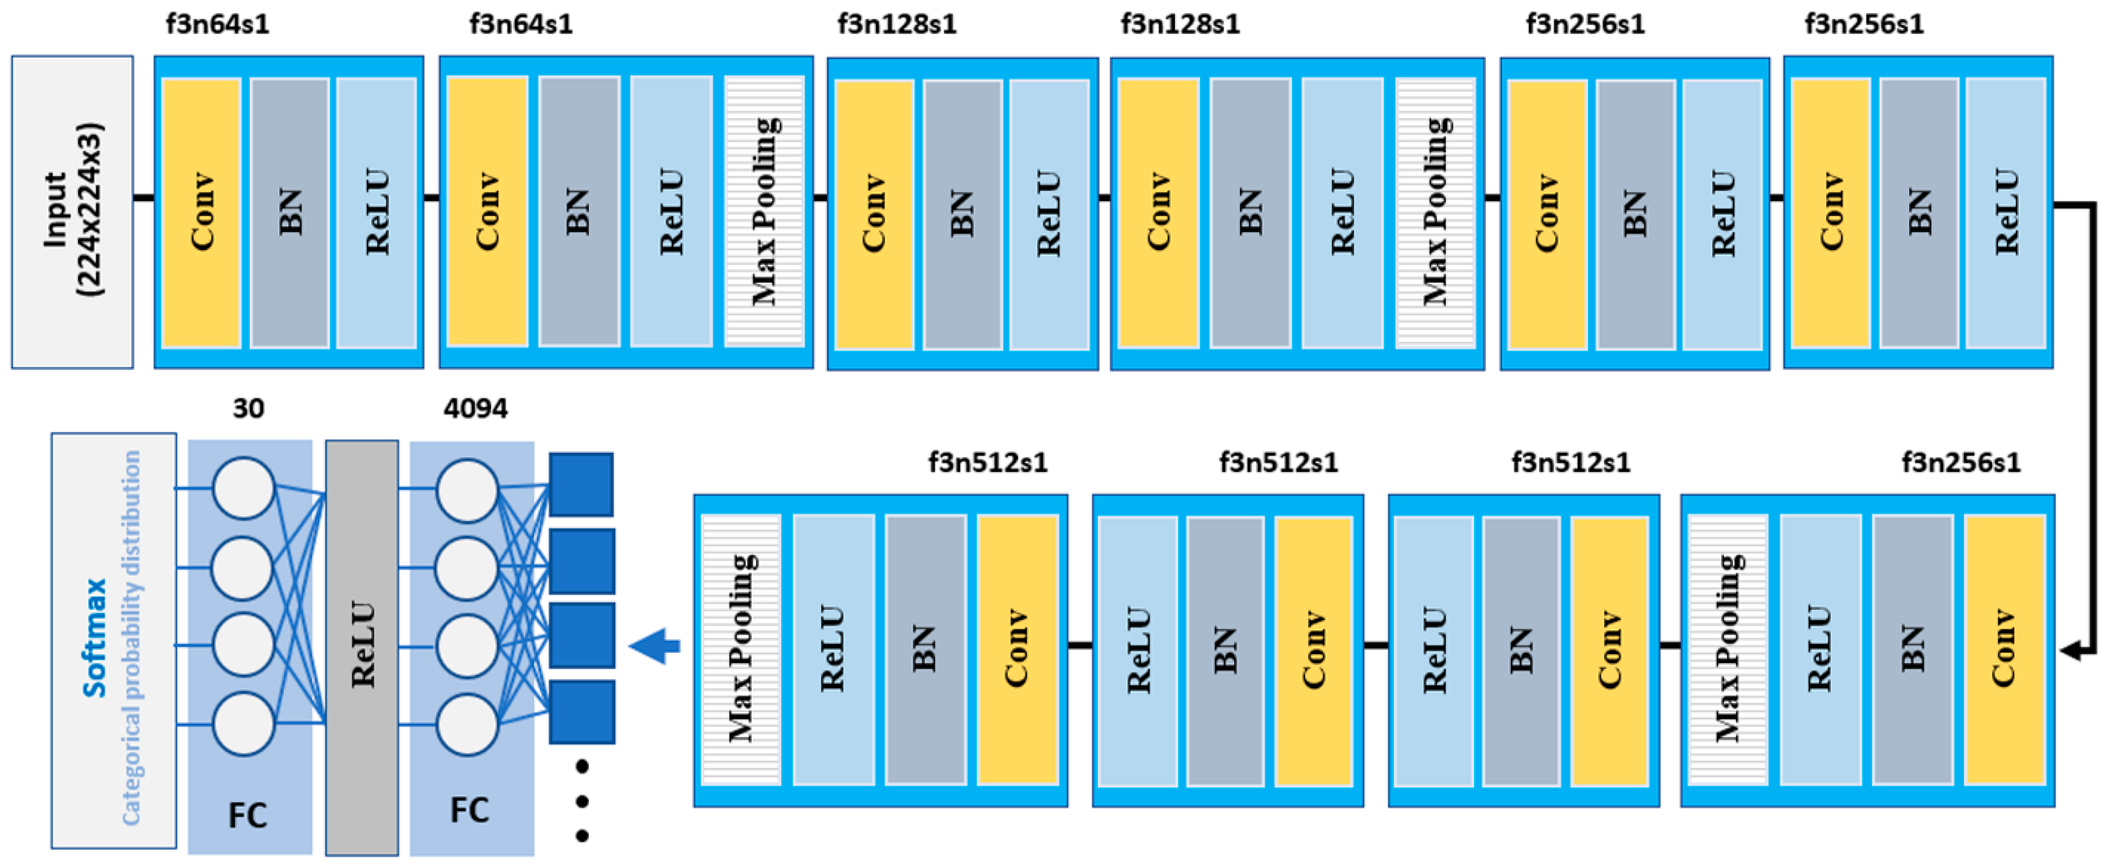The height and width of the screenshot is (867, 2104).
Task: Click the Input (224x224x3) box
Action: point(72,212)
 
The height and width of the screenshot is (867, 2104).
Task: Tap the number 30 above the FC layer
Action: point(249,408)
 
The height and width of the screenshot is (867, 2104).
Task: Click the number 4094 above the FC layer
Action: point(475,408)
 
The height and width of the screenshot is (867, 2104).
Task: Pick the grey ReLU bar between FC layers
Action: point(362,647)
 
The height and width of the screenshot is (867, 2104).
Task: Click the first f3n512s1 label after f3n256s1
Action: point(1570,463)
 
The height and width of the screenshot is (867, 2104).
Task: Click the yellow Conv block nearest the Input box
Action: point(201,212)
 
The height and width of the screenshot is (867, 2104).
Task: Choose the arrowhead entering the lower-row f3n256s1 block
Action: point(2070,651)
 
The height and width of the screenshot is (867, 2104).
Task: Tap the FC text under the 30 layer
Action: point(247,815)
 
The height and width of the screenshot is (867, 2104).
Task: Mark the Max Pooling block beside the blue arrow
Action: point(741,649)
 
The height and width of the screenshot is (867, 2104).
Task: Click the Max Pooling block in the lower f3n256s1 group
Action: point(1727,649)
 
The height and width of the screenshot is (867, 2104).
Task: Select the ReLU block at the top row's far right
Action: point(2005,212)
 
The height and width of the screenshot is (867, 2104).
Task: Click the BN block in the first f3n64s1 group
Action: point(289,212)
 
